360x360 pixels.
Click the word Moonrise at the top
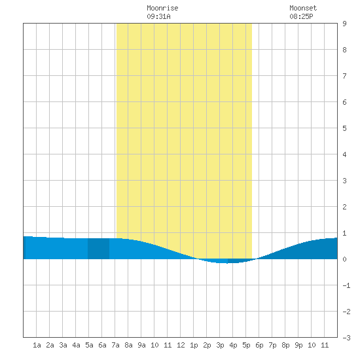coord(162,8)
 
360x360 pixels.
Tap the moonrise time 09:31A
coord(158,16)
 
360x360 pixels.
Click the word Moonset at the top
coord(303,8)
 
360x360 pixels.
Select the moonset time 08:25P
coord(301,16)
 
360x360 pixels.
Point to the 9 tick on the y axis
coord(344,24)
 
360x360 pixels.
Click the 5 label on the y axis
coord(344,128)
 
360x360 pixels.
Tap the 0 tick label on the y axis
coord(344,259)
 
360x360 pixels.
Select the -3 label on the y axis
coord(346,338)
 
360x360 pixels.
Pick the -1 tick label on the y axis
coord(346,285)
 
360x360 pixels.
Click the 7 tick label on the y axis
coord(344,76)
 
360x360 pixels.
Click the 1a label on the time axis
coord(37,345)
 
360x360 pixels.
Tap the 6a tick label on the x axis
coord(102,345)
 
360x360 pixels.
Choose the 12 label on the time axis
coord(181,345)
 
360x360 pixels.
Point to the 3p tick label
coord(220,345)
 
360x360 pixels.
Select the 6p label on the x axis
coord(259,345)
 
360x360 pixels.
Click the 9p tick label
coord(298,345)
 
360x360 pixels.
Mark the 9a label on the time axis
coord(141,345)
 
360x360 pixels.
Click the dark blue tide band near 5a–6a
coord(98,249)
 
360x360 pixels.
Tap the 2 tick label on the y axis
coord(344,207)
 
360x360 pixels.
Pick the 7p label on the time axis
coord(272,345)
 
